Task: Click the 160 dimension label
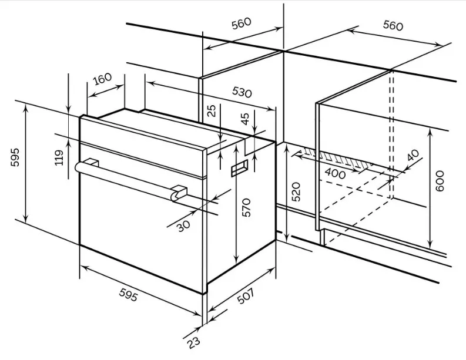coord(102,79)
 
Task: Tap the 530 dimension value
coord(242,92)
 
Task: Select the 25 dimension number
coord(212,111)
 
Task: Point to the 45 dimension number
coord(246,119)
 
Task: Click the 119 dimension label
coord(59,157)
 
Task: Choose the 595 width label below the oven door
coord(128,295)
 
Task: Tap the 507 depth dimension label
coord(246,296)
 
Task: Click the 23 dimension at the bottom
coord(194,343)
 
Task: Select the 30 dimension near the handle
coord(183,226)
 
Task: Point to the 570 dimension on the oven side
coord(246,207)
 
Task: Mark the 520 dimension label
coord(296,191)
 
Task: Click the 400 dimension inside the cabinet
coord(335,173)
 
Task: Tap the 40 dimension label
coord(413,155)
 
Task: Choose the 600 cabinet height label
coord(439,181)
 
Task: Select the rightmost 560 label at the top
coord(393,25)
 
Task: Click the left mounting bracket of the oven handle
coord(92,162)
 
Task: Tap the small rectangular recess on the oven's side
coord(239,168)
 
